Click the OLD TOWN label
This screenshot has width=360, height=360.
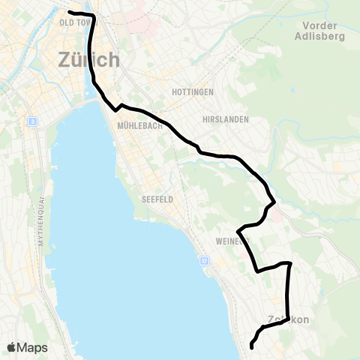[74, 22]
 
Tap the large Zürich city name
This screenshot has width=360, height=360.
[88, 59]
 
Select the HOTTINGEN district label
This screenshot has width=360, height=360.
[193, 91]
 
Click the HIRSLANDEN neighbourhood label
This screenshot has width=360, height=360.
[224, 119]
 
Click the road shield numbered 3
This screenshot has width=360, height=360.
[32, 121]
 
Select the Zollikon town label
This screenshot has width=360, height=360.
[288, 320]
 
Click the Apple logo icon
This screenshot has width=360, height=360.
[12, 347]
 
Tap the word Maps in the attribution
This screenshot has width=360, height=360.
[33, 347]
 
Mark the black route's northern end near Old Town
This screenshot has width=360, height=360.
[70, 13]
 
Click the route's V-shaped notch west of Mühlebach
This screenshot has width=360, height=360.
[116, 109]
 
